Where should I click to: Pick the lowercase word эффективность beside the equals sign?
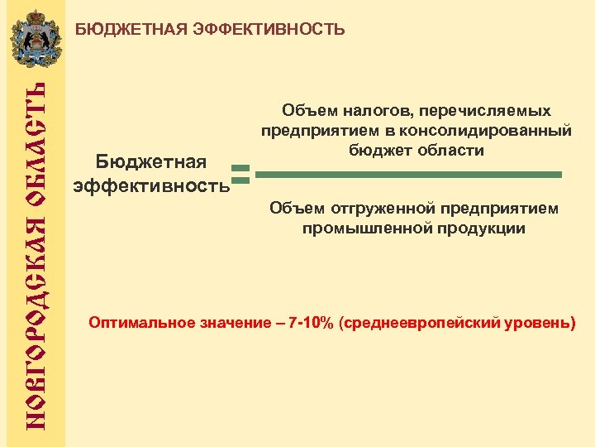(151, 185)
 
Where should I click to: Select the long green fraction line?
(409, 175)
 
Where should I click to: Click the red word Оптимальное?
(141, 322)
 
